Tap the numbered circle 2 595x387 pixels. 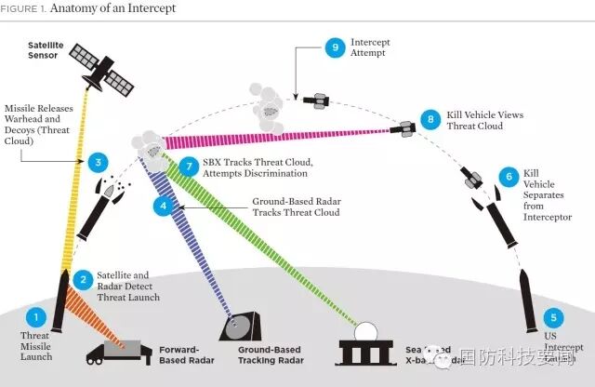84,279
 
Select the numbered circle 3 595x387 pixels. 99,162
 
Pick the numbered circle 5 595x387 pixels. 554,317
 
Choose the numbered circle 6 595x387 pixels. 508,176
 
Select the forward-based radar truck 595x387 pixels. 118,348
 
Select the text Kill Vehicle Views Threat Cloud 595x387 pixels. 484,120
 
